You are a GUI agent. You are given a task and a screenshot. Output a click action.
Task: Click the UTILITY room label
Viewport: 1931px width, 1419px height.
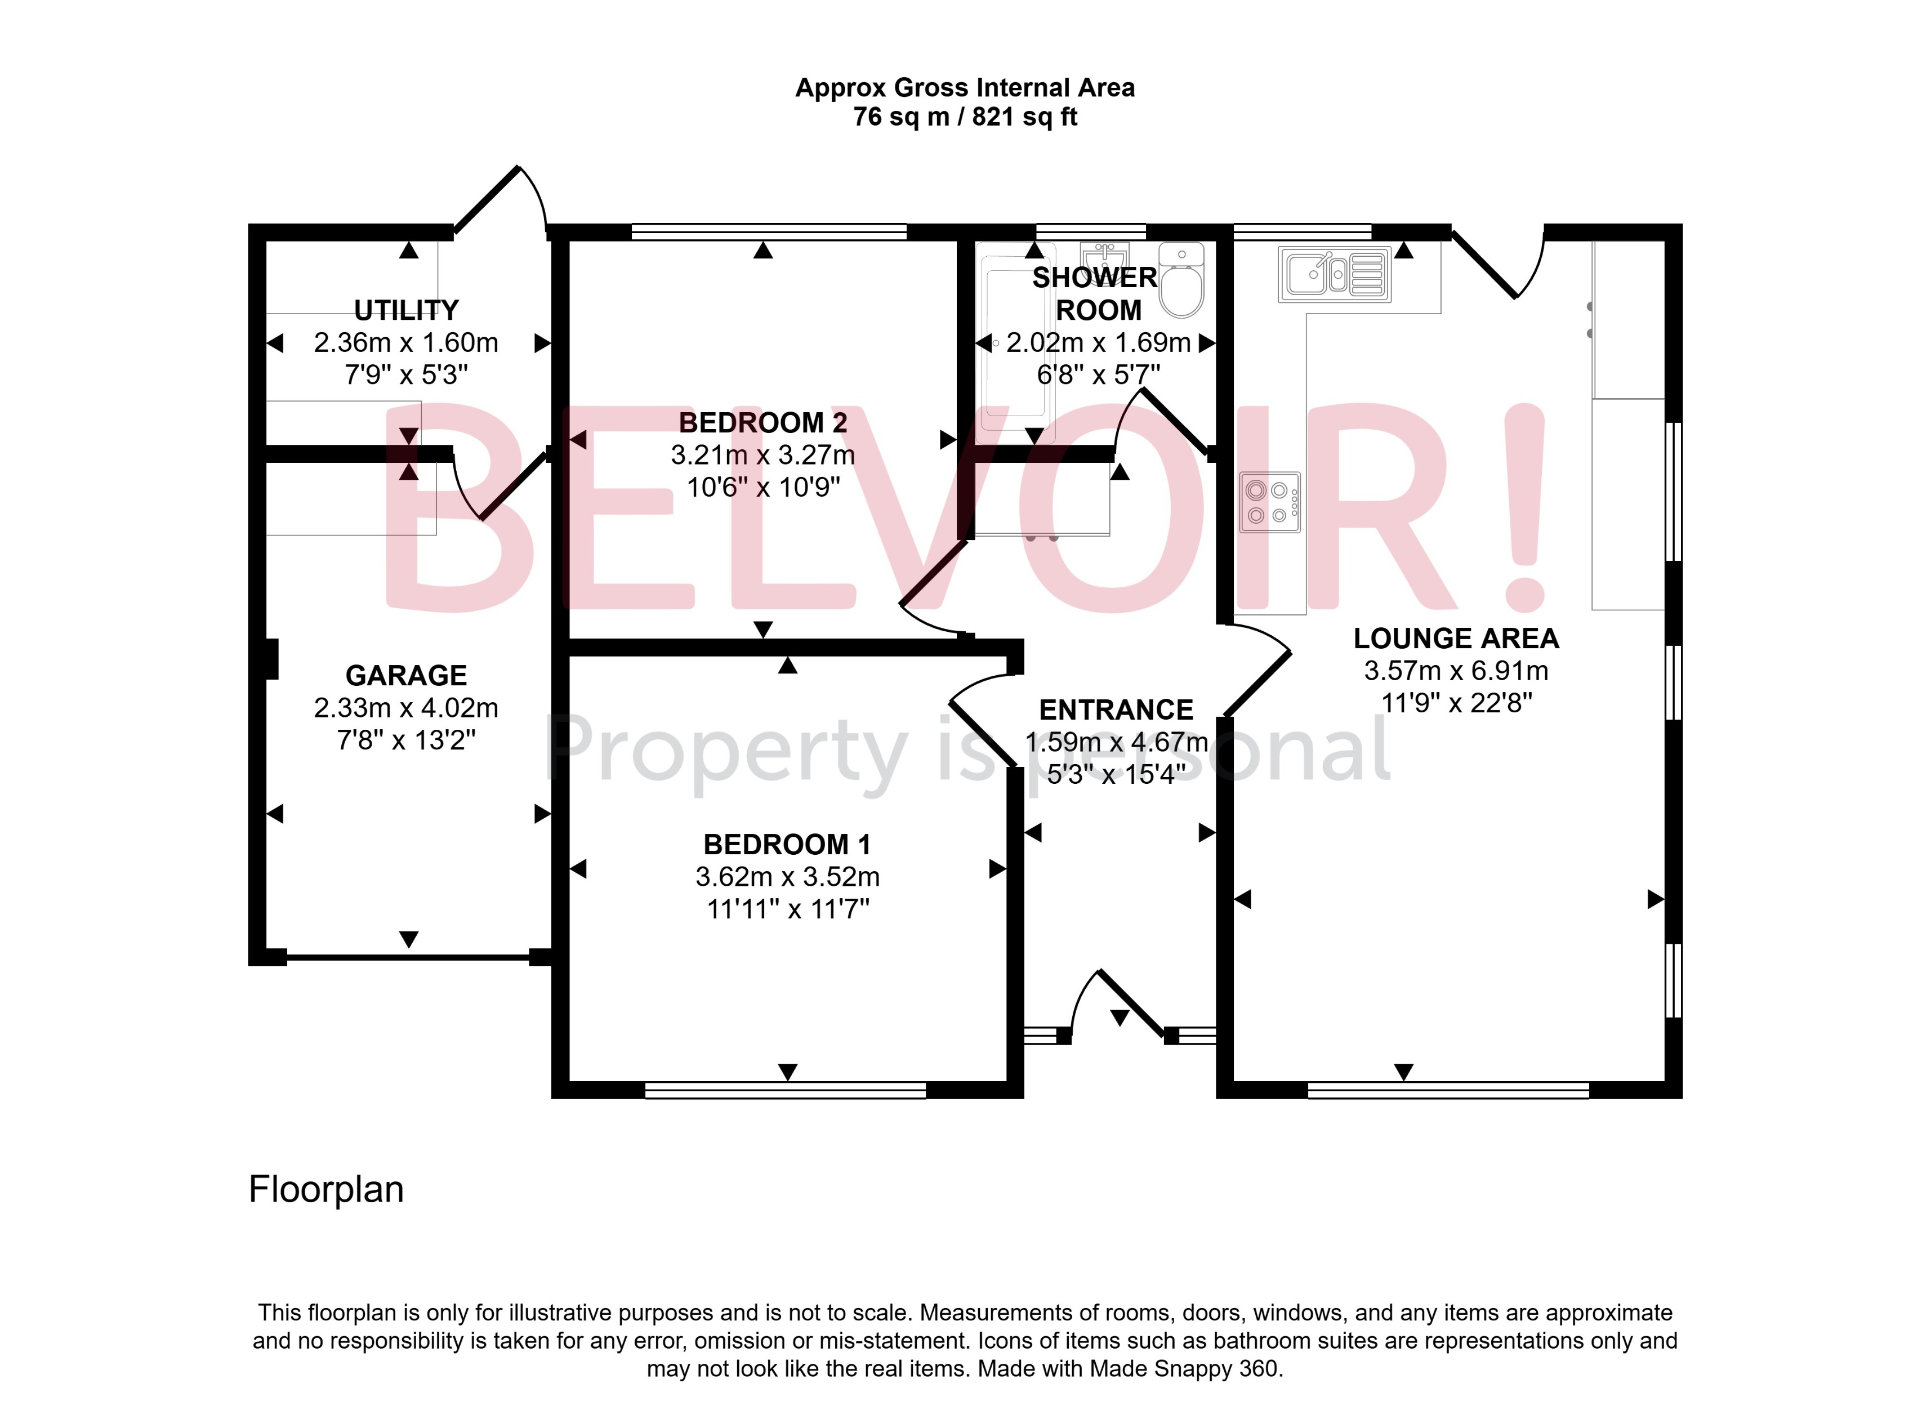[406, 310]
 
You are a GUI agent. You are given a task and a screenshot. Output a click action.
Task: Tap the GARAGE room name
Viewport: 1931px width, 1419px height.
[406, 675]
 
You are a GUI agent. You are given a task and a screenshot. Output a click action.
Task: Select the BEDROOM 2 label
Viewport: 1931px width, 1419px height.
[763, 423]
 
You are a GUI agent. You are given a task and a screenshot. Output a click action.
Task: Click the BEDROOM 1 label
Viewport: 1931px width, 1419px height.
[787, 844]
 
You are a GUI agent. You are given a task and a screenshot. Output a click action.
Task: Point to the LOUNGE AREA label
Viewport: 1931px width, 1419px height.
[1456, 638]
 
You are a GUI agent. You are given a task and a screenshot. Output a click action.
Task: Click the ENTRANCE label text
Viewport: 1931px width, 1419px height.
[1116, 709]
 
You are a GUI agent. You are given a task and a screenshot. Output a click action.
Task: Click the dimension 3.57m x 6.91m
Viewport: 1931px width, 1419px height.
[1456, 671]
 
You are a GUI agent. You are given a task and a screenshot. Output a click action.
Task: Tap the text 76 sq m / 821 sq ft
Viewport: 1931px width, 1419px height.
[965, 117]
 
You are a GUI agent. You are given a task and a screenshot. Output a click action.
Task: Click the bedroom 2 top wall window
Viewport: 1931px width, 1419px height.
[769, 231]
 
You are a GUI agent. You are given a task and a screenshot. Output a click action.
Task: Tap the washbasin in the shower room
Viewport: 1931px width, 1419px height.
[1105, 256]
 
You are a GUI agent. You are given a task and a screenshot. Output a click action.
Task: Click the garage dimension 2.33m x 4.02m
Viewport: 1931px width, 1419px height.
[406, 708]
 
